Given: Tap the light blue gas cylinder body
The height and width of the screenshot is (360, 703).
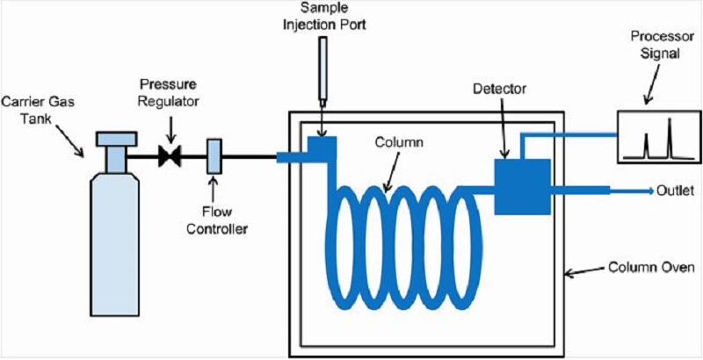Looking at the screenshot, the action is [114, 237].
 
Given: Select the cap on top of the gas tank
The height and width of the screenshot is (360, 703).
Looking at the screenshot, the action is [116, 139].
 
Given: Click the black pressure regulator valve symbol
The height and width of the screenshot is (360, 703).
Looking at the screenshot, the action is [170, 156].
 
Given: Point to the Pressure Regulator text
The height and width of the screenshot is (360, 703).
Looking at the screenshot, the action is [168, 93].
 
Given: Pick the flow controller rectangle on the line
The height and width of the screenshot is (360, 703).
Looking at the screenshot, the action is [214, 156].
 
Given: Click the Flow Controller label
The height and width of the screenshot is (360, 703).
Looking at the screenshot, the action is [216, 220].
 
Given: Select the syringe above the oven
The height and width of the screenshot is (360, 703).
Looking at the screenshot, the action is [323, 72].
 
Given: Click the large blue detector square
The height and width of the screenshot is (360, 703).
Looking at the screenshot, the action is [522, 187].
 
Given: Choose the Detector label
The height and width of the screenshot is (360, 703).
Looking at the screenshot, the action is [499, 89].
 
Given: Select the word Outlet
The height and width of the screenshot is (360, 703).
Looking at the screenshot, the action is [676, 191].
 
